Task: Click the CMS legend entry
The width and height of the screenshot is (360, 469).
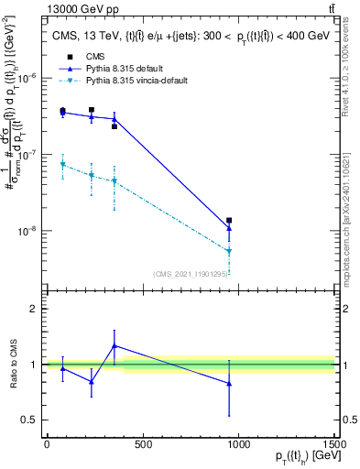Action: point(92,57)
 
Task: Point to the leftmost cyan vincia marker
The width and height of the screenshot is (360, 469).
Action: point(62,165)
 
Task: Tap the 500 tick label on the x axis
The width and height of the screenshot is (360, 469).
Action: point(142,444)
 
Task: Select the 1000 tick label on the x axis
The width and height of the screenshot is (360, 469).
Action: point(238,444)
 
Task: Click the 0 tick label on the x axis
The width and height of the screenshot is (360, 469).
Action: point(46,444)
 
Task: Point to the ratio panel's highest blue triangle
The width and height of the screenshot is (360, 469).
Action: point(114,345)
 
